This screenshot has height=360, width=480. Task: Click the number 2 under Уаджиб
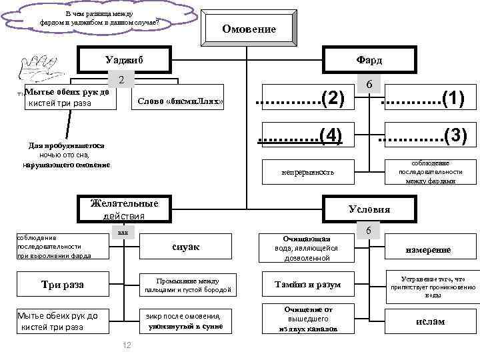click(x=121, y=80)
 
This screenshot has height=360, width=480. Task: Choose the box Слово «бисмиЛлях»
click(x=180, y=101)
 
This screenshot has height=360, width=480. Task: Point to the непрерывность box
click(x=308, y=173)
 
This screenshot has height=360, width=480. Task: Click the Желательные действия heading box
click(x=124, y=209)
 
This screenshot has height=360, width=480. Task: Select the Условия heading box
click(x=369, y=209)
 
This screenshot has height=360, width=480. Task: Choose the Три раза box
click(x=63, y=285)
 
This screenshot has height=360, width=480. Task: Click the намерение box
click(x=429, y=249)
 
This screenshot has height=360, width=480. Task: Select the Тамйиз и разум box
click(x=308, y=285)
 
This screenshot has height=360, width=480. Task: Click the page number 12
click(x=126, y=344)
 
